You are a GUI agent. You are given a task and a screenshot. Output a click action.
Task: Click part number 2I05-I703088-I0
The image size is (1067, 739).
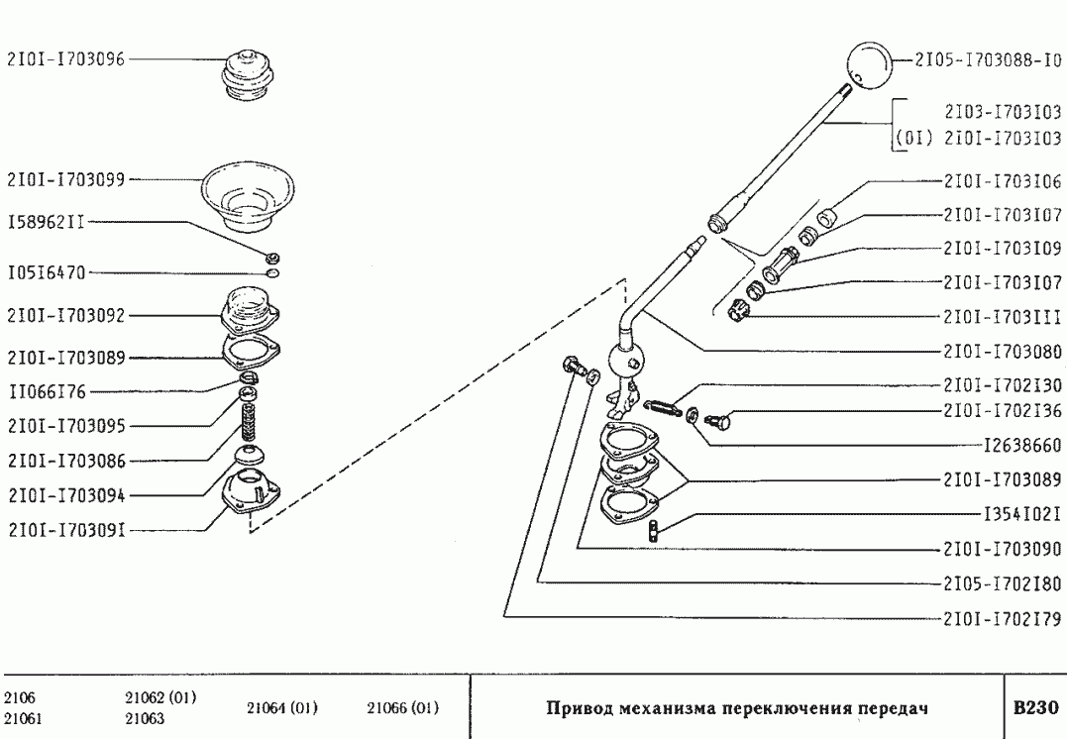(987, 60)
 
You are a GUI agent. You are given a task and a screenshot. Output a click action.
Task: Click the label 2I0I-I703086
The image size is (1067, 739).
(66, 461)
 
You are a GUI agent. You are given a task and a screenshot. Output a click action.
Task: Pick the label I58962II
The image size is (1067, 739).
(46, 223)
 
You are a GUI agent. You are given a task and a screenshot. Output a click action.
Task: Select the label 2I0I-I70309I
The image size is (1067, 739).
(66, 529)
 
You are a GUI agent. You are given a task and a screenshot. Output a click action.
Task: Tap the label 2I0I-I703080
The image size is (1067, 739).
(1003, 351)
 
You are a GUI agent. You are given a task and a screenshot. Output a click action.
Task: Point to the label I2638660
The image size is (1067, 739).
(1022, 446)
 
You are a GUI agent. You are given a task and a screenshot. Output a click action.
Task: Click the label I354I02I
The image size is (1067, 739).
(1022, 514)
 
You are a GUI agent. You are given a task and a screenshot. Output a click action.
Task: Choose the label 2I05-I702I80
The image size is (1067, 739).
(1003, 582)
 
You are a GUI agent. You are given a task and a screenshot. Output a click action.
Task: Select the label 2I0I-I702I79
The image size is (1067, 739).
(1003, 620)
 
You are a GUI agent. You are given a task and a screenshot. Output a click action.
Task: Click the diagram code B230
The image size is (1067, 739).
(1034, 709)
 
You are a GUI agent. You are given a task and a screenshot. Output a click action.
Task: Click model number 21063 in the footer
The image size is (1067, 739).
(145, 719)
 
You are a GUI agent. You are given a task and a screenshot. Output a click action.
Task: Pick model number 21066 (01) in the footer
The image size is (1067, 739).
(402, 708)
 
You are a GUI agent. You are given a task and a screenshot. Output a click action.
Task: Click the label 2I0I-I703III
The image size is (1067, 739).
(1003, 318)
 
